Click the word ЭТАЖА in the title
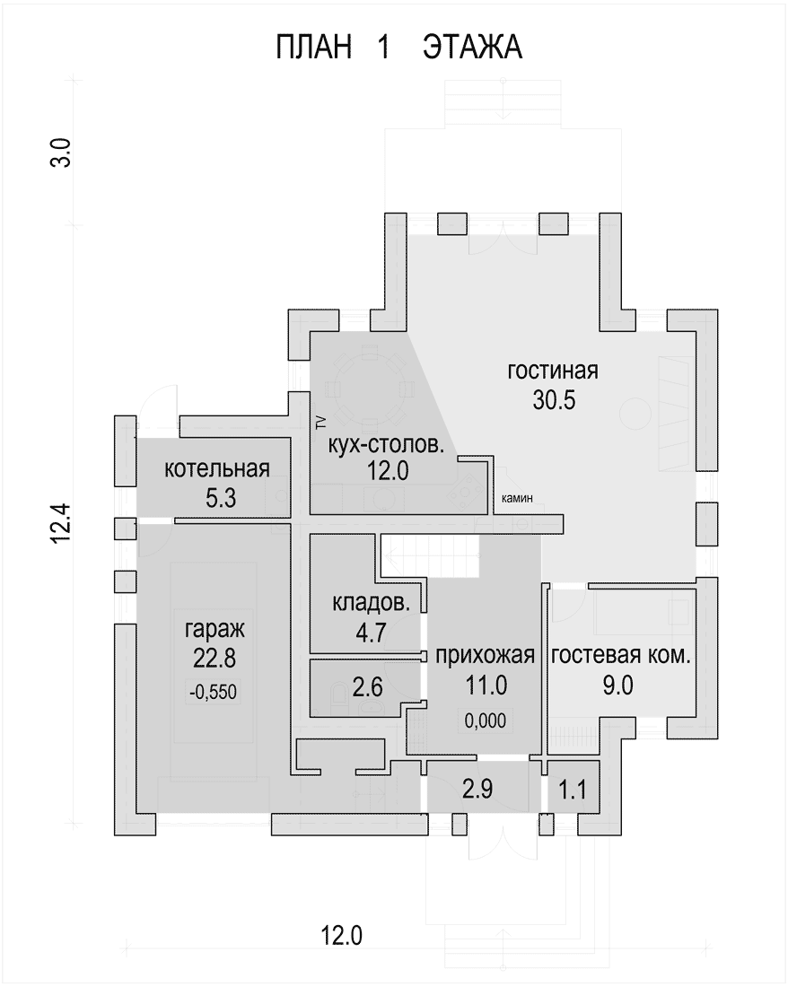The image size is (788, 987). click(472, 48)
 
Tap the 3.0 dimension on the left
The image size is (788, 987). click(61, 153)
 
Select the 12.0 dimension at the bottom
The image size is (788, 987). click(342, 935)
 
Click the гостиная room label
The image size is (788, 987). click(553, 371)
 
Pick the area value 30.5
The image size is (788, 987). click(554, 400)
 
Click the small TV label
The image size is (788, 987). click(320, 422)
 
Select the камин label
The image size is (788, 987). click(517, 499)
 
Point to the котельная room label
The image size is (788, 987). click(217, 469)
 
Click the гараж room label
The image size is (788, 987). click(215, 629)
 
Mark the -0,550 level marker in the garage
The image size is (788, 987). click(214, 693)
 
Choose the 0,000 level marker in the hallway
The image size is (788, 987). click(486, 721)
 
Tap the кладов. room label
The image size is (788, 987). click(372, 603)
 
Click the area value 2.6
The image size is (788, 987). click(368, 686)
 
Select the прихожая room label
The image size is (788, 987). click(486, 655)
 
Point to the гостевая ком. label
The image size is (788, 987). click(620, 655)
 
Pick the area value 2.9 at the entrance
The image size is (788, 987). click(477, 789)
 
